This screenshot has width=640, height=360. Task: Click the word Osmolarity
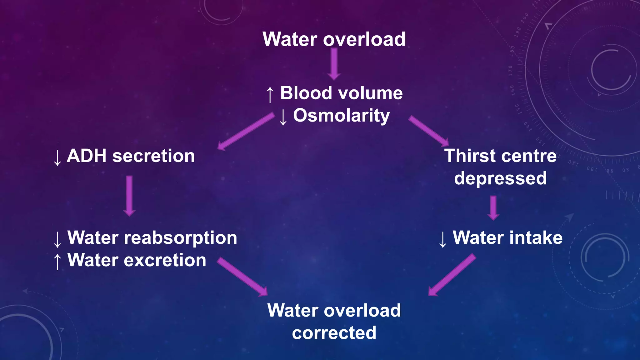[341, 116]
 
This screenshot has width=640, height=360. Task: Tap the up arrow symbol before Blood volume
[270, 94]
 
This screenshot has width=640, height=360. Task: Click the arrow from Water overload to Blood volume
[334, 64]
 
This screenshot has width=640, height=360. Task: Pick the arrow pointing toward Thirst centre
[429, 131]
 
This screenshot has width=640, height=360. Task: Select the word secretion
[153, 156]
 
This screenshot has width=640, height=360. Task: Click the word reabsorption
[180, 238]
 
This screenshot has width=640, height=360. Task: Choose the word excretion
[165, 260]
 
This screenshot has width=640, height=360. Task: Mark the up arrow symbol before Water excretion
[57, 261]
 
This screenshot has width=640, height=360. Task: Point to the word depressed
[500, 178]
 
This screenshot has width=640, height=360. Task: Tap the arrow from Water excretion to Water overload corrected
[242, 277]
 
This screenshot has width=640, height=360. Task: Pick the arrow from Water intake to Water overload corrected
[452, 275]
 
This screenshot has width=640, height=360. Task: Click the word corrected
[334, 333]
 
